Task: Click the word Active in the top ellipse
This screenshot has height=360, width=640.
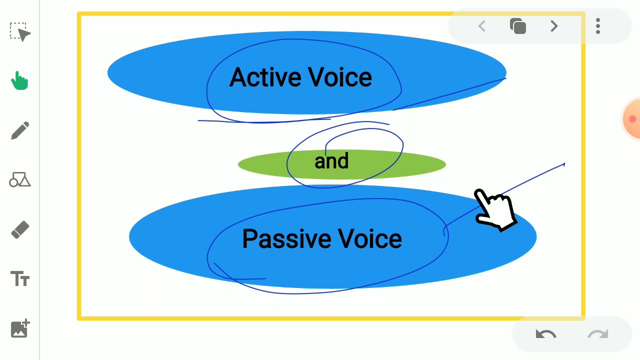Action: pyautogui.click(x=264, y=78)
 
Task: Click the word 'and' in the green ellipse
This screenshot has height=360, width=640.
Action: pyautogui.click(x=331, y=161)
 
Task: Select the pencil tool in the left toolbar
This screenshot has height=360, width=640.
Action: pyautogui.click(x=20, y=131)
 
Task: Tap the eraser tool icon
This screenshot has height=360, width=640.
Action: pyautogui.click(x=20, y=230)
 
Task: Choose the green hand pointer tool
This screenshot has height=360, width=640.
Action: pyautogui.click(x=20, y=80)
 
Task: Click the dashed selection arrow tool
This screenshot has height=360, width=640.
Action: pyautogui.click(x=20, y=32)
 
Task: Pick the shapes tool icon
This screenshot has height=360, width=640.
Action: pyautogui.click(x=20, y=180)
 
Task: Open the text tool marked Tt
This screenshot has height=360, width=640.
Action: pyautogui.click(x=20, y=278)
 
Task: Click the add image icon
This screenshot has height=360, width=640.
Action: pyautogui.click(x=20, y=328)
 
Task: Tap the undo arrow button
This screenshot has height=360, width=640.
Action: pyautogui.click(x=545, y=334)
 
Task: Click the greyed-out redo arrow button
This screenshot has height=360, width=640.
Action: pyautogui.click(x=598, y=334)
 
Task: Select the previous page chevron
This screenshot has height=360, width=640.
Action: pyautogui.click(x=482, y=26)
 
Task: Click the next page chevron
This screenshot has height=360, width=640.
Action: pyautogui.click(x=554, y=26)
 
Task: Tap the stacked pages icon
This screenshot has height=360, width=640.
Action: pyautogui.click(x=518, y=26)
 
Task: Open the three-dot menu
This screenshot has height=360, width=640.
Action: pyautogui.click(x=598, y=26)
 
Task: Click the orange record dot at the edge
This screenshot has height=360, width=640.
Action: pyautogui.click(x=632, y=119)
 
